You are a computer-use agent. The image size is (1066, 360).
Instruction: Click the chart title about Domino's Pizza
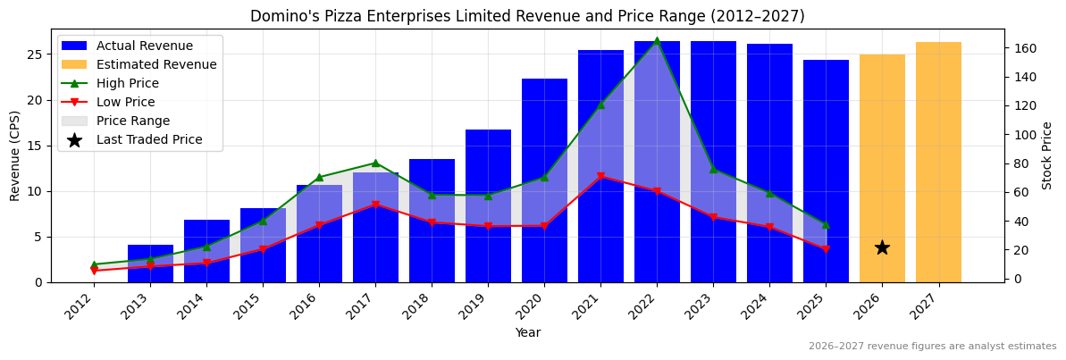point(527,16)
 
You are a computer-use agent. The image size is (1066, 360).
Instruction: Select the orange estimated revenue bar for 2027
point(938,162)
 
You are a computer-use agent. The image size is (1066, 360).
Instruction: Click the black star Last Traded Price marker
point(882,247)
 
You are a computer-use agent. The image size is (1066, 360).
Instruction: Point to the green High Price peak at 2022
point(657,40)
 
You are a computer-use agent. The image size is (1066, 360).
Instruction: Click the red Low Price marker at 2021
point(600,176)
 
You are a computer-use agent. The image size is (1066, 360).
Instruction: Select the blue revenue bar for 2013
point(150,264)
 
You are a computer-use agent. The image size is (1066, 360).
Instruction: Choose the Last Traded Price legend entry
point(148,139)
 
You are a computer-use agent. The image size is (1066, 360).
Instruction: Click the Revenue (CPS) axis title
point(15,155)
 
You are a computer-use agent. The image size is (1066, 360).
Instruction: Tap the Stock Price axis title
point(1047,155)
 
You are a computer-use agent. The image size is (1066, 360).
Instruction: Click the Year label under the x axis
point(527,332)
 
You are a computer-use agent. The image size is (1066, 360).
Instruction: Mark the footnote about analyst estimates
point(932,347)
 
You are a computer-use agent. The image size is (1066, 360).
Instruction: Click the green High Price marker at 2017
point(375,163)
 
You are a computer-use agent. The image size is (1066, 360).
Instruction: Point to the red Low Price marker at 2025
point(826,249)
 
